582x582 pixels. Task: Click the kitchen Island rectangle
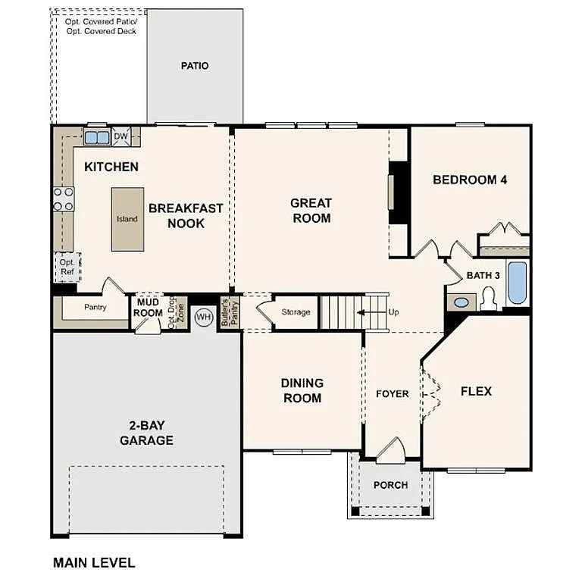tap(127, 219)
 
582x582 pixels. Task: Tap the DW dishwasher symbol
tap(120, 137)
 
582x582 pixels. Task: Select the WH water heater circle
tap(203, 317)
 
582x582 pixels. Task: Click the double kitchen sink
tap(96, 138)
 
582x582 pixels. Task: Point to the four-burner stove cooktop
tap(64, 199)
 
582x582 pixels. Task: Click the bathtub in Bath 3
tap(517, 283)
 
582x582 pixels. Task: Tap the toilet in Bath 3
tap(487, 300)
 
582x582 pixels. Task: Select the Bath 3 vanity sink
tap(462, 302)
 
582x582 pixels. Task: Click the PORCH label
tap(391, 485)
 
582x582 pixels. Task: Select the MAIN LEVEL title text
tap(94, 563)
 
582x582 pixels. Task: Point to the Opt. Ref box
tap(67, 267)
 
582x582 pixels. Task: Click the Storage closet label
tap(296, 312)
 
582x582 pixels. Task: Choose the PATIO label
tap(195, 66)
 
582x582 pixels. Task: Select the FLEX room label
tap(476, 391)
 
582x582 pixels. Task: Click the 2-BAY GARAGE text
tap(146, 433)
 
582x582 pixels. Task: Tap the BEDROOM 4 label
tap(469, 180)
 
